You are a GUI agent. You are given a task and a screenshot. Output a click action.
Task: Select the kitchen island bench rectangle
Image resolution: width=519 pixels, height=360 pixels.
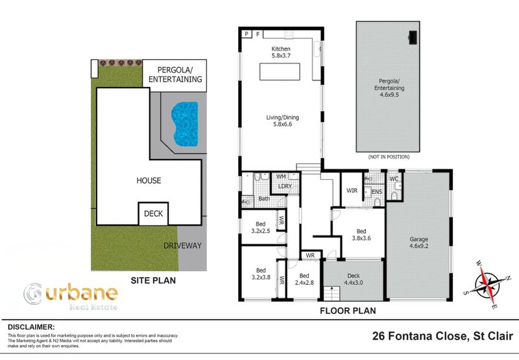coord(281,72)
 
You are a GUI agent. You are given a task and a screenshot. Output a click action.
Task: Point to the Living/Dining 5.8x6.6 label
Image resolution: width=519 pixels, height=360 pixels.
coord(281,121)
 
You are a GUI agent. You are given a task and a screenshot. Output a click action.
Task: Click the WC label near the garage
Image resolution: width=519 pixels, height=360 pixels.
coord(393,179)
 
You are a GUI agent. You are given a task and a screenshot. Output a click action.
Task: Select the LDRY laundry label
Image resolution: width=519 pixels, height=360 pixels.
coord(285,187)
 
